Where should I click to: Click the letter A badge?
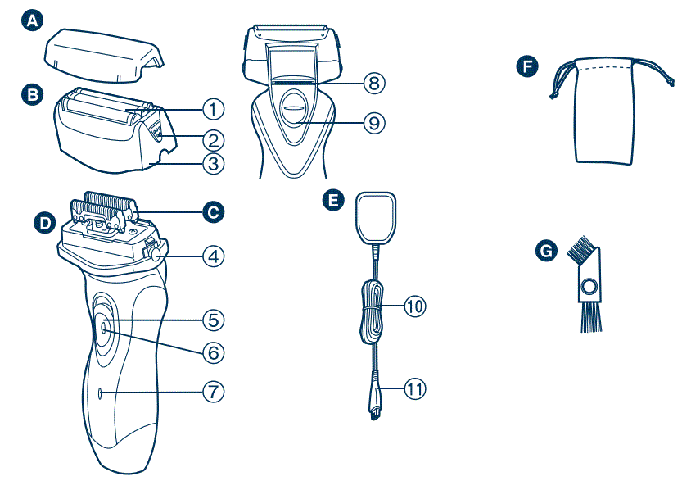(x=31, y=23)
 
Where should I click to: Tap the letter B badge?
(x=31, y=94)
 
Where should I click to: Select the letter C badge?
(x=214, y=211)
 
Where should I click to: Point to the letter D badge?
(x=43, y=221)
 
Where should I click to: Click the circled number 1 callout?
(x=213, y=108)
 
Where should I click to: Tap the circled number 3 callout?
(x=213, y=162)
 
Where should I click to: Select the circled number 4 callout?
(x=213, y=256)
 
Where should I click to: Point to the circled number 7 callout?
(x=213, y=392)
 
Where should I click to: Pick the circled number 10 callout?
(x=416, y=306)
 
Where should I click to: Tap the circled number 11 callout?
(x=416, y=388)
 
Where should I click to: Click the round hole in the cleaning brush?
(x=586, y=287)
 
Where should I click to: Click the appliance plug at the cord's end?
(x=375, y=402)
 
